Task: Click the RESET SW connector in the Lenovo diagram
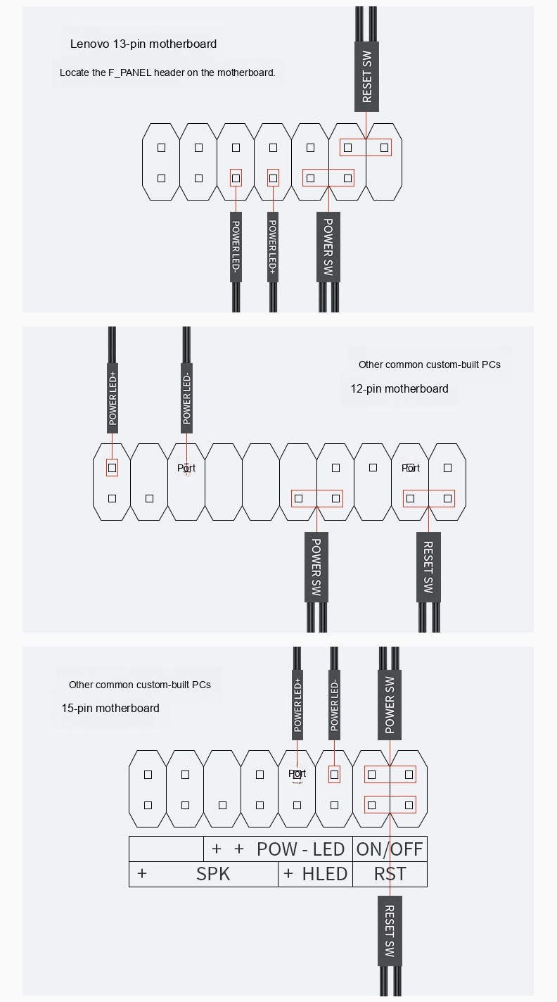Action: point(366,77)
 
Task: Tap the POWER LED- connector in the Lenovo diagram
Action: point(236,247)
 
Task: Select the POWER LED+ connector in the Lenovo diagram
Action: point(273,247)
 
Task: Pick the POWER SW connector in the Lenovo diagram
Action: point(328,247)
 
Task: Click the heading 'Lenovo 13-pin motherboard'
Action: point(143,44)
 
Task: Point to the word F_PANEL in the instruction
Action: point(129,72)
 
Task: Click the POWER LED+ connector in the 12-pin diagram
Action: point(113,398)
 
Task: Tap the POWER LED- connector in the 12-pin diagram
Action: point(187,398)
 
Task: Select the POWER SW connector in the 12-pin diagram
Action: point(316,567)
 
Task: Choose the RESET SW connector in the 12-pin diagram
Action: point(428,567)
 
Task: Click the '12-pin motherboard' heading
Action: point(399,388)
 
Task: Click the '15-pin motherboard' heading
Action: point(110,708)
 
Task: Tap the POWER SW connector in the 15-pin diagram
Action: point(390,705)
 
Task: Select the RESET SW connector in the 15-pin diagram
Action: point(390,931)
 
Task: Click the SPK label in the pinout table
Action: point(213,874)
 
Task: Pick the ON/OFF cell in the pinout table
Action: point(390,849)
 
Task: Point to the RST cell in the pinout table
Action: point(390,874)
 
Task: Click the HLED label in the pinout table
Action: point(325,874)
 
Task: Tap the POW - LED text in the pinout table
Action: point(300,849)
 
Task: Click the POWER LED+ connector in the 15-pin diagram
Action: point(297,705)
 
